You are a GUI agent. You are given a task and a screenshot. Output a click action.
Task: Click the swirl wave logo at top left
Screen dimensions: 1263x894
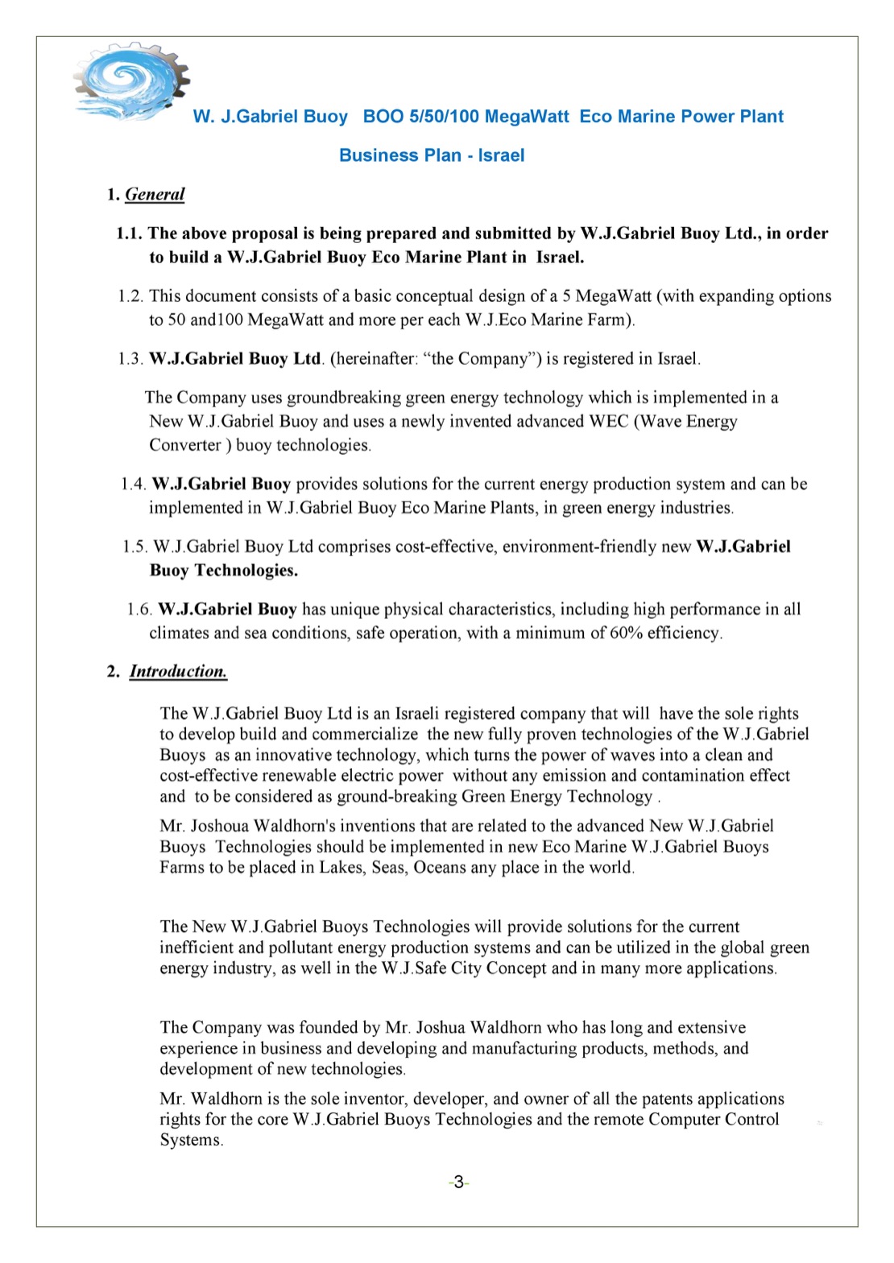(x=131, y=80)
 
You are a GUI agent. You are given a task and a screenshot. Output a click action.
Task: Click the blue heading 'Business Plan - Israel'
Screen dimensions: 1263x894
(x=432, y=155)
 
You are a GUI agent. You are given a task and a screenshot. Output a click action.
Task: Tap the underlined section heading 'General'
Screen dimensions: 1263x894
(x=155, y=194)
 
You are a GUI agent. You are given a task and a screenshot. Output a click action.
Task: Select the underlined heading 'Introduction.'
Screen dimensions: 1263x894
(x=178, y=671)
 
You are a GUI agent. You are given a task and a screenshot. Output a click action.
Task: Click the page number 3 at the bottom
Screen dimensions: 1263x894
(x=458, y=1182)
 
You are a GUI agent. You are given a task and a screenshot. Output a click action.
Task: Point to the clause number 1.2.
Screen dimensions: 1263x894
(x=130, y=296)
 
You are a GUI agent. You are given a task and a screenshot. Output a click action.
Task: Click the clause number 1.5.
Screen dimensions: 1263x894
(x=135, y=547)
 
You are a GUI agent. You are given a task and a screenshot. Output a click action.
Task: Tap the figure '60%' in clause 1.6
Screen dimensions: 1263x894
(x=628, y=633)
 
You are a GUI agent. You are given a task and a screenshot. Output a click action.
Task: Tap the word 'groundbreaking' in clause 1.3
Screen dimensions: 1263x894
(x=344, y=398)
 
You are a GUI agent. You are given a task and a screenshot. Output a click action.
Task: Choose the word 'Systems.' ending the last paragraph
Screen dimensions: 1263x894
(x=191, y=1140)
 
